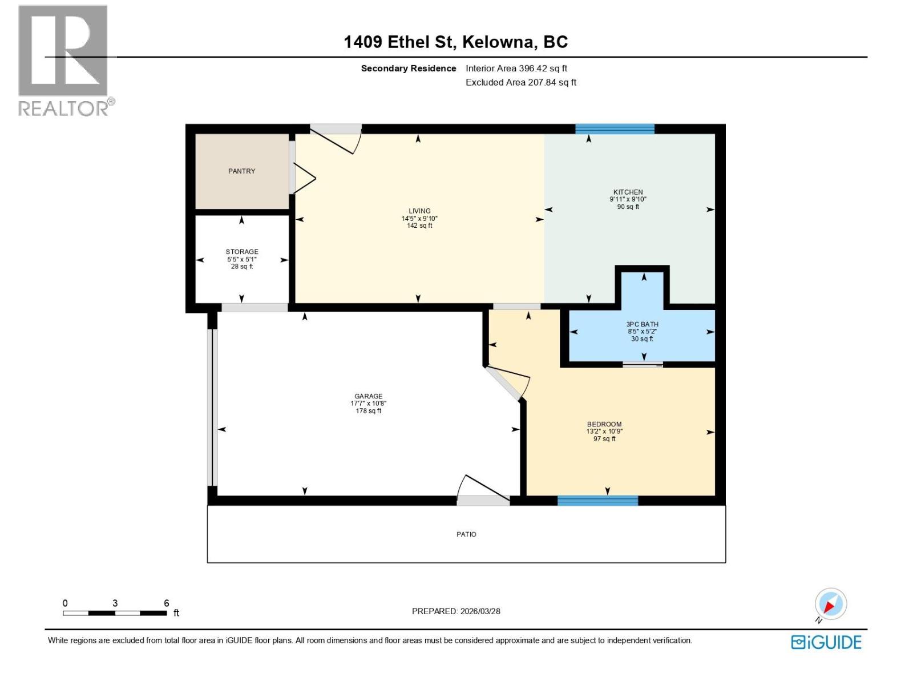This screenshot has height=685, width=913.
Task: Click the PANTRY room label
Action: (241, 171)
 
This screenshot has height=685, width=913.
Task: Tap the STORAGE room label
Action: (242, 252)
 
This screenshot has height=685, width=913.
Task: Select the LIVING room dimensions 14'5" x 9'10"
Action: (419, 219)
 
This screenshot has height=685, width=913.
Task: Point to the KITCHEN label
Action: (628, 192)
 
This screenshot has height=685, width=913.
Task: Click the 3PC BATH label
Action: (642, 324)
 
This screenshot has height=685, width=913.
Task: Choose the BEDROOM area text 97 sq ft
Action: (604, 439)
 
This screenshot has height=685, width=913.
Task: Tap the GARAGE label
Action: (368, 396)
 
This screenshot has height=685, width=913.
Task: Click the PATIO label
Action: (466, 534)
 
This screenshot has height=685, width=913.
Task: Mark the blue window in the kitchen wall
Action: (615, 129)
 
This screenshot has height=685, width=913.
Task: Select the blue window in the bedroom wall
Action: (597, 501)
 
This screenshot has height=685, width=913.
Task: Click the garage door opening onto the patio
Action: (483, 491)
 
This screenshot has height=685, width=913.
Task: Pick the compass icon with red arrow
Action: (830, 604)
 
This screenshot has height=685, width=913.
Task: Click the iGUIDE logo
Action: (826, 642)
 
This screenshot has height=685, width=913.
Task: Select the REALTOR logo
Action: (64, 60)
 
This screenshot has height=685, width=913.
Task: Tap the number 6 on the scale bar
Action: (167, 603)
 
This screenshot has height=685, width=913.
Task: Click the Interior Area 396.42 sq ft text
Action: (516, 68)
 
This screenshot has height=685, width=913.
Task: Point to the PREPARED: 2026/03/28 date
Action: (456, 611)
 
